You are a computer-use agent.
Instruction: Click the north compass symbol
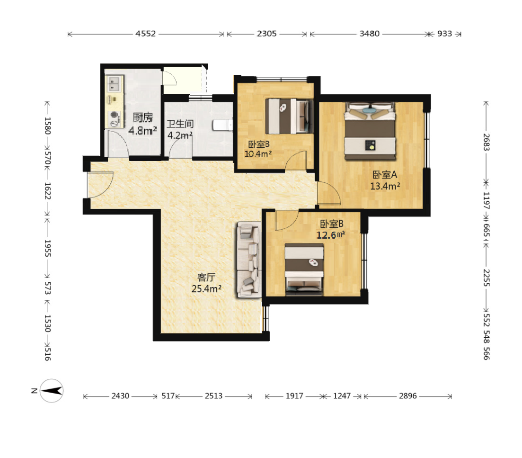(x=51, y=391)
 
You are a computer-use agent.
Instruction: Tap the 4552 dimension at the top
(x=145, y=34)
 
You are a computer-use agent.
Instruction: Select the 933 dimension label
(x=444, y=34)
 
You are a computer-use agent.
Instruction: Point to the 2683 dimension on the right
(x=487, y=142)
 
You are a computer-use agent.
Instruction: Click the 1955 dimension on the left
(x=48, y=248)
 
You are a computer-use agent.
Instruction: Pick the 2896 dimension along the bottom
(x=408, y=395)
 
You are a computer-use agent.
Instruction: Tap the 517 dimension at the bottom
(x=168, y=395)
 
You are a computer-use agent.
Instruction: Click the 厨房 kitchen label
(x=143, y=117)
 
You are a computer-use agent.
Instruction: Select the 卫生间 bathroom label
(x=180, y=124)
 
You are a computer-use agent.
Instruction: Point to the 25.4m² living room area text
(x=206, y=289)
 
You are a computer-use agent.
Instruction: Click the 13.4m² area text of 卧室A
(x=385, y=186)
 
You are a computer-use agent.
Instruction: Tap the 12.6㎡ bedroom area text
(x=331, y=235)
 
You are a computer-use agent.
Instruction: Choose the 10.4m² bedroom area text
(x=258, y=154)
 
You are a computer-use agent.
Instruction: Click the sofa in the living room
(x=248, y=260)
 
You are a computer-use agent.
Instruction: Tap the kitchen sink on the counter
(x=114, y=84)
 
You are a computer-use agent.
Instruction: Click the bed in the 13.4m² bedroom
(x=370, y=131)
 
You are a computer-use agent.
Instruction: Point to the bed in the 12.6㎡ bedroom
(x=304, y=269)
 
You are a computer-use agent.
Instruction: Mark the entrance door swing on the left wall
(x=100, y=185)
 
